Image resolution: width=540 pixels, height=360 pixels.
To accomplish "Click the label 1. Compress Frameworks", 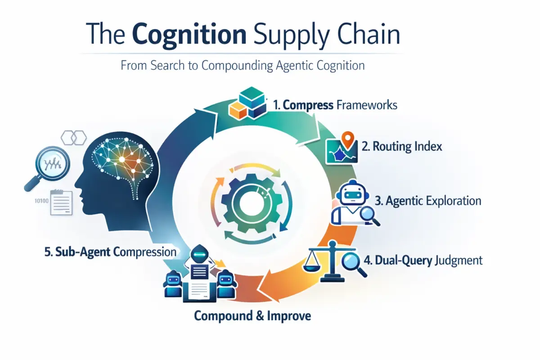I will point(335,105).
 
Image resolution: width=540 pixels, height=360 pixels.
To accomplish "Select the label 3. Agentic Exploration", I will point(427,201).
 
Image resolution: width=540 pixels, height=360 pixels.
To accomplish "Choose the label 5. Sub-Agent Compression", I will point(110,252).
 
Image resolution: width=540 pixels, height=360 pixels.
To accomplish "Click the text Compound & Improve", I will point(252,316).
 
